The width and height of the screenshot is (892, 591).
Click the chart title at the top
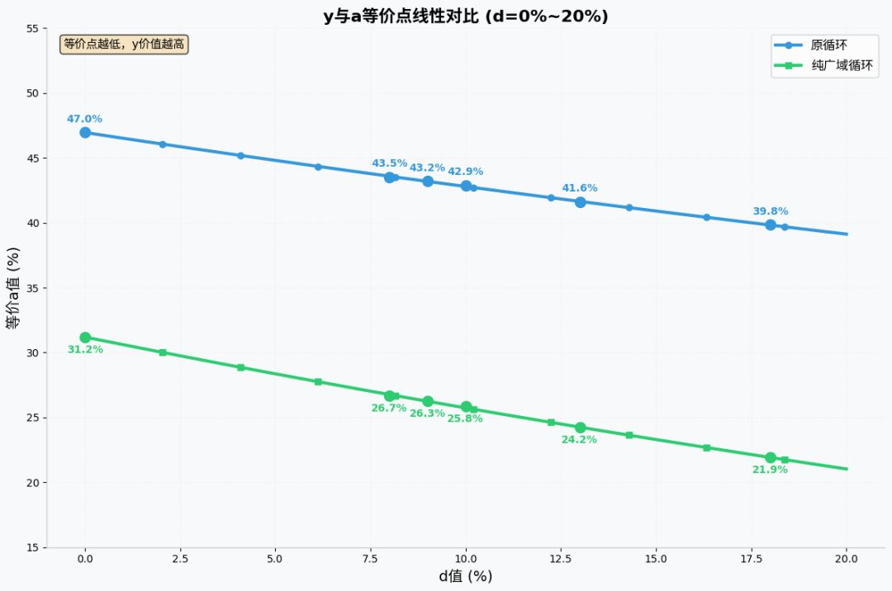tap(466, 17)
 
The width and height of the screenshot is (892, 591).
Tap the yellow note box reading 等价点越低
tap(124, 45)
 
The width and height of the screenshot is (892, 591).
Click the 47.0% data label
tap(84, 119)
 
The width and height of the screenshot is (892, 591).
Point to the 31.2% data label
tap(85, 350)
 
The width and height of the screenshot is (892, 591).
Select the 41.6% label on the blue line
tap(580, 188)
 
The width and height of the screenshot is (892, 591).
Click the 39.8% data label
tap(770, 211)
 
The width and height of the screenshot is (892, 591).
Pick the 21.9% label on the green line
tap(770, 470)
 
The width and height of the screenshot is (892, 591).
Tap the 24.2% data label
tap(579, 440)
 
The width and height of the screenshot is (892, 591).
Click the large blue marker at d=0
tap(85, 132)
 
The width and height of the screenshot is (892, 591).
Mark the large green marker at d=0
tap(85, 338)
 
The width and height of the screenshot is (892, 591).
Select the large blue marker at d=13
tap(580, 202)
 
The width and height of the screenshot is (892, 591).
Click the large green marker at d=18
tap(771, 457)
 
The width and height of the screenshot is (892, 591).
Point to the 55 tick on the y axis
tap(31, 29)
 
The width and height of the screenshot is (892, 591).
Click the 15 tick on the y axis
tap(31, 547)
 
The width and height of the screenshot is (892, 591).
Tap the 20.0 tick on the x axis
tap(847, 559)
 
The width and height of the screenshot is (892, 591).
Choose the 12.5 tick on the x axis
tap(561, 559)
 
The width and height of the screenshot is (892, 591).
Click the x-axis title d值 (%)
tap(466, 577)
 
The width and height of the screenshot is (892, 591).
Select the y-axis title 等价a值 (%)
tap(13, 288)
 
